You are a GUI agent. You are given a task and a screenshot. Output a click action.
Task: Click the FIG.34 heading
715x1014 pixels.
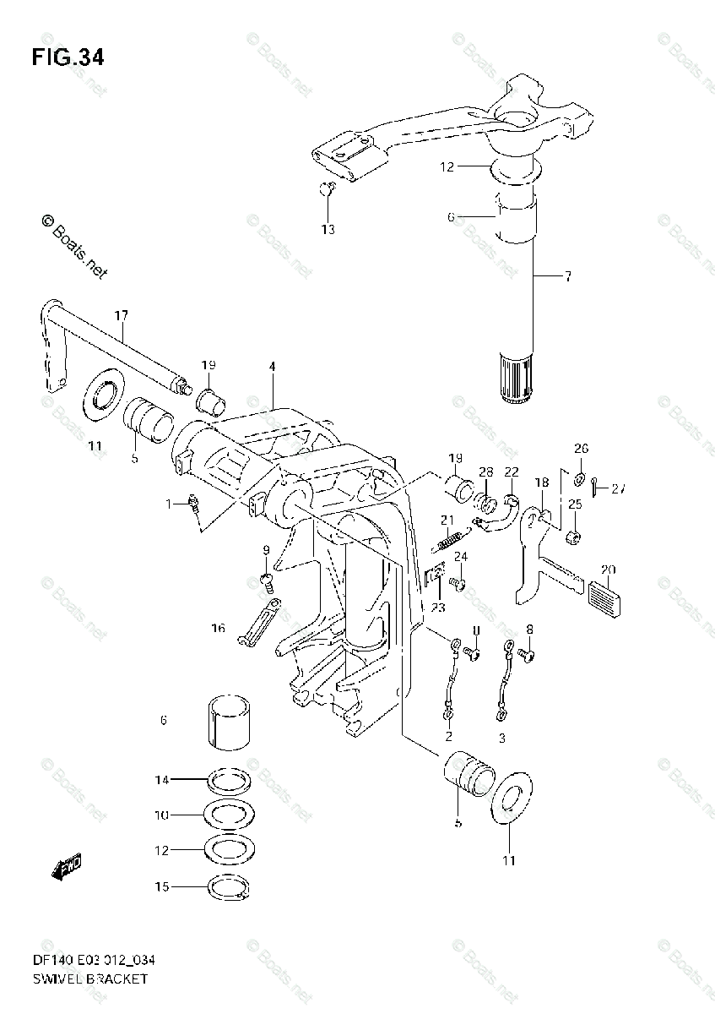(68, 57)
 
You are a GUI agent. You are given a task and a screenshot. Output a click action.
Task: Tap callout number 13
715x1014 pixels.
(328, 229)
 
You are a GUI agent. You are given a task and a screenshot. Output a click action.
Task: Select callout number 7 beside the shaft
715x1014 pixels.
(567, 276)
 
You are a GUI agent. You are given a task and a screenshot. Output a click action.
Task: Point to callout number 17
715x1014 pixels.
(122, 315)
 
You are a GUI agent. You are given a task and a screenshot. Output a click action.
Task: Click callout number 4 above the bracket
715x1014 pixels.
(273, 367)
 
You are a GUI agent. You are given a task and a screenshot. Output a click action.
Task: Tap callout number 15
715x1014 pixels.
(162, 886)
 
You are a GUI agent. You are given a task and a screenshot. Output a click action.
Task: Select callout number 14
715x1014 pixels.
(162, 779)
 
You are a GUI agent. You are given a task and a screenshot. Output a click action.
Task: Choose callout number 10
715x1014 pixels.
(162, 815)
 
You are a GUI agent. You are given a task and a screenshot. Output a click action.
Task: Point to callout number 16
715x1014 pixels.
(219, 628)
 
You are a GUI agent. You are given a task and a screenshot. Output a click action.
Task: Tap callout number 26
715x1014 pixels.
(582, 449)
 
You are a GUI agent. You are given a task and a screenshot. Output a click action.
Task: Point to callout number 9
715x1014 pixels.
(267, 551)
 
